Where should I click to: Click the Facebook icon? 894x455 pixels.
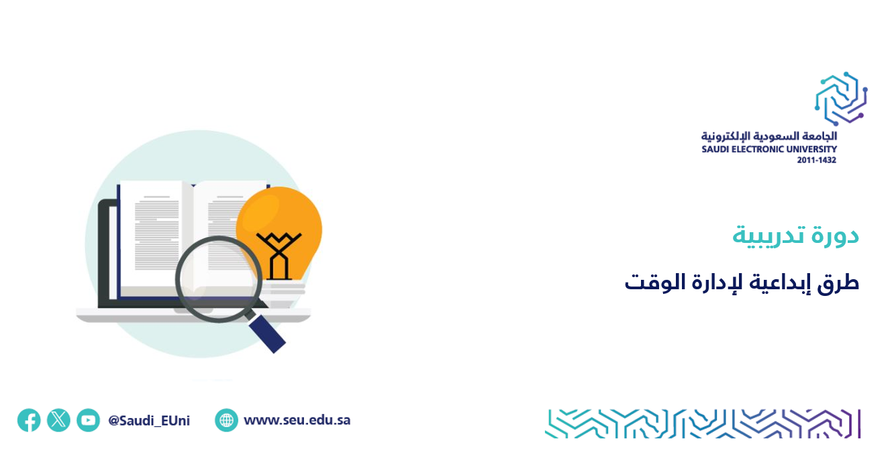29,420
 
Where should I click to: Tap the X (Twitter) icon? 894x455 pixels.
58,420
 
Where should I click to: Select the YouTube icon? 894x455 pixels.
88,420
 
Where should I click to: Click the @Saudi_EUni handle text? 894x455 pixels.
149,421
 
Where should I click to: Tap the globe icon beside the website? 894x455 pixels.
226,420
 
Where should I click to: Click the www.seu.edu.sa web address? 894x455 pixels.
297,420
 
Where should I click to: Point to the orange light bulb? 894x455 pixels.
279,236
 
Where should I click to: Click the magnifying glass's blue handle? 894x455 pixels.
267,334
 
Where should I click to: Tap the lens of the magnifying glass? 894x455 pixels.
218,279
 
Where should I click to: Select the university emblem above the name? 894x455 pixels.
841,99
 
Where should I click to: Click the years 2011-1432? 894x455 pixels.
817,160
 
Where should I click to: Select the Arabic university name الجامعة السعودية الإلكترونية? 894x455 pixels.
769,136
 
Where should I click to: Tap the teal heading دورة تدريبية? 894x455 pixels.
795,236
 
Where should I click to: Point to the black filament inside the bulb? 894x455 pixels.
279,255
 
